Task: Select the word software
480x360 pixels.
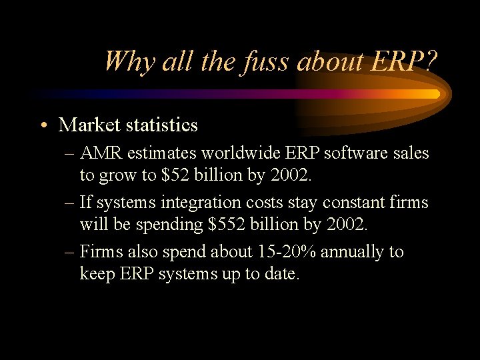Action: point(357,153)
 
